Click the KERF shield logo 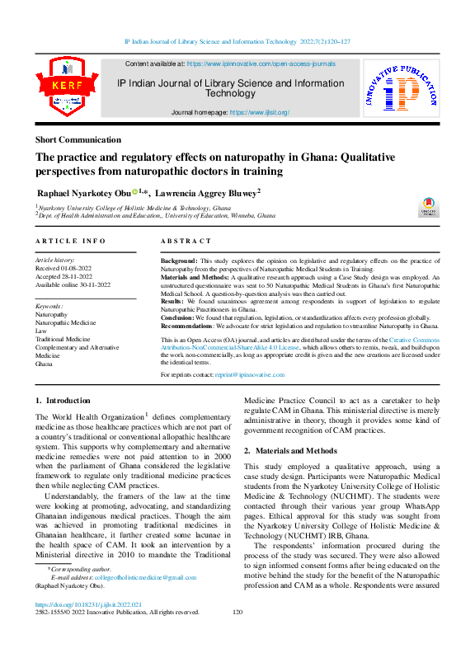pyautogui.click(x=66, y=88)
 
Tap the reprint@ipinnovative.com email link pyautogui.click(x=250, y=374)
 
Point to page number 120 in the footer pyautogui.click(x=237, y=612)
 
